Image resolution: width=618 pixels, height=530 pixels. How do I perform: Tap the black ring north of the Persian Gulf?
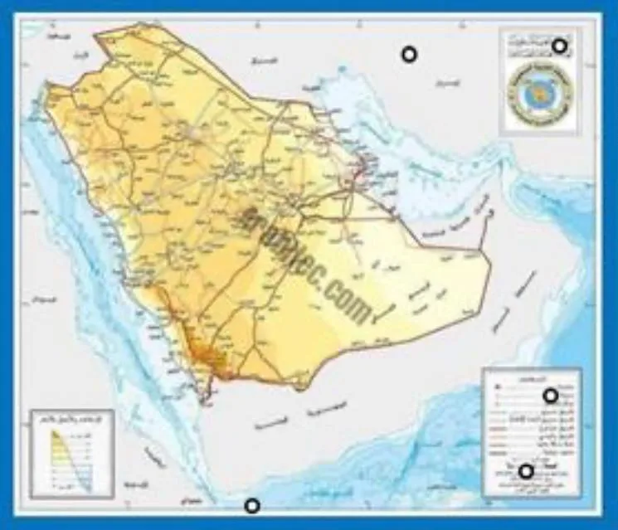point(408,55)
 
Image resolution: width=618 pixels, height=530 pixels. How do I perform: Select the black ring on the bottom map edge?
point(252,505)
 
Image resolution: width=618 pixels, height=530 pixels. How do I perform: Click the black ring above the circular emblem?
point(561,46)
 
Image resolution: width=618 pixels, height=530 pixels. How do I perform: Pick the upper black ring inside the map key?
point(549,396)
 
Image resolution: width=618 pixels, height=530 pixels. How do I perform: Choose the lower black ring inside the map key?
point(525,472)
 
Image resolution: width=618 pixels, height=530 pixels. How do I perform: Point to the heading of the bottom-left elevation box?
point(71,417)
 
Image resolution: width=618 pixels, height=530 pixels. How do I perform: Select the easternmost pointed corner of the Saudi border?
point(479,248)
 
